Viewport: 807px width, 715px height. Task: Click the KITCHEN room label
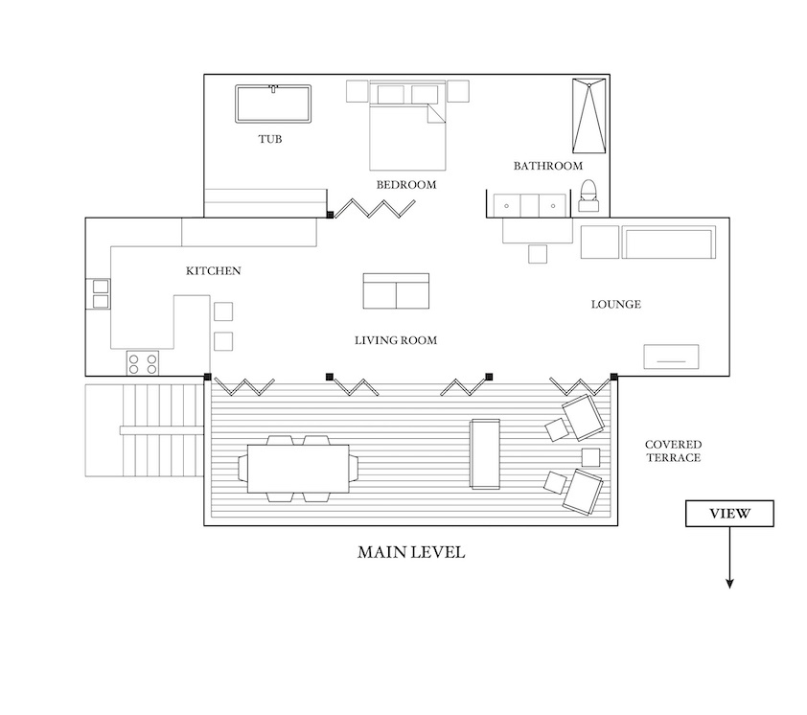click(x=213, y=271)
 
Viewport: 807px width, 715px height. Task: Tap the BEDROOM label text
click(x=406, y=185)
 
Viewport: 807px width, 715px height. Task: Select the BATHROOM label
click(x=548, y=166)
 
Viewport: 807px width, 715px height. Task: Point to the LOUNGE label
click(x=616, y=304)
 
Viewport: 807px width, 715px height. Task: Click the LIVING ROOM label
click(x=396, y=340)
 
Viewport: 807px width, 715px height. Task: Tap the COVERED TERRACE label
click(x=673, y=450)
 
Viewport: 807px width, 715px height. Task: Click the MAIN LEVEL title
click(x=411, y=552)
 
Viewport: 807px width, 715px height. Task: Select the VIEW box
click(x=729, y=513)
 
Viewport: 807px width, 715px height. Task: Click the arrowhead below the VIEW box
click(x=729, y=584)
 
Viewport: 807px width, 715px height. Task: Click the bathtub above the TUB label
click(x=273, y=104)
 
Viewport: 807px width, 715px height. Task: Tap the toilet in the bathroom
click(x=588, y=196)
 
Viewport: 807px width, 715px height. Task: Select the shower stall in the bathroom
click(x=589, y=116)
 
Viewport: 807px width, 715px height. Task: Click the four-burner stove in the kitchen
click(x=143, y=363)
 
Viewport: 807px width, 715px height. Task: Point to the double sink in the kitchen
click(x=101, y=293)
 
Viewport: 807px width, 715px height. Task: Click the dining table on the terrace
click(x=298, y=469)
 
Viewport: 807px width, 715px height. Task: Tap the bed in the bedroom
click(x=407, y=127)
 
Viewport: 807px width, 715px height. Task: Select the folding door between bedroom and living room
click(x=375, y=209)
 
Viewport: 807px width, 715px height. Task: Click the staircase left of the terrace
click(x=145, y=430)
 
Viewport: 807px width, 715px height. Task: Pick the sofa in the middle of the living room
click(x=396, y=291)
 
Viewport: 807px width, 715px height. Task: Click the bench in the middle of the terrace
click(x=485, y=454)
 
